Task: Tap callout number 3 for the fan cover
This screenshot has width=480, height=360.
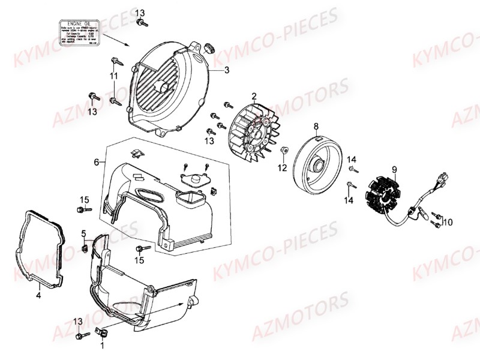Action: click(227, 70)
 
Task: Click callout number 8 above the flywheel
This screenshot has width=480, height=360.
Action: click(316, 126)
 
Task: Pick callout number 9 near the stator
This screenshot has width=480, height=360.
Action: click(394, 170)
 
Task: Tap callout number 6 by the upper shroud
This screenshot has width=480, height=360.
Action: click(96, 162)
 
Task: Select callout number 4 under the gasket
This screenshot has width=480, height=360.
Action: click(38, 295)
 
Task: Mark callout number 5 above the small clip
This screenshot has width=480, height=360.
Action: click(84, 233)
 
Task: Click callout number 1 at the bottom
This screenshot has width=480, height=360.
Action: click(101, 345)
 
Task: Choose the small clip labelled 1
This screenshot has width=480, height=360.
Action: click(103, 331)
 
